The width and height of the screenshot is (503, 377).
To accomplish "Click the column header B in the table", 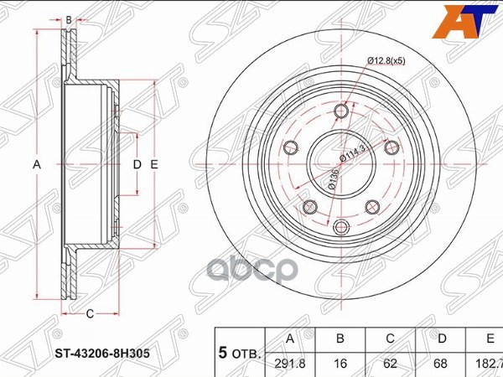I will [x=340, y=339].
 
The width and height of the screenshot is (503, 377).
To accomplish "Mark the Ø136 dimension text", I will [x=333, y=178].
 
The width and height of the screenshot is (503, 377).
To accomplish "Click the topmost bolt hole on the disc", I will [x=341, y=111].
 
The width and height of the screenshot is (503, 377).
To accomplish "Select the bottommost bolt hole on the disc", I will [x=340, y=226].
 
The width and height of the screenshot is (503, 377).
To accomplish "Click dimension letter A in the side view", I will [x=37, y=165].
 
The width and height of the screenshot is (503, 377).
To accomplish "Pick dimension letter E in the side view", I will [x=154, y=165].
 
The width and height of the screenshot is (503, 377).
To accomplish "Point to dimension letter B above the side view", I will [x=69, y=18].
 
